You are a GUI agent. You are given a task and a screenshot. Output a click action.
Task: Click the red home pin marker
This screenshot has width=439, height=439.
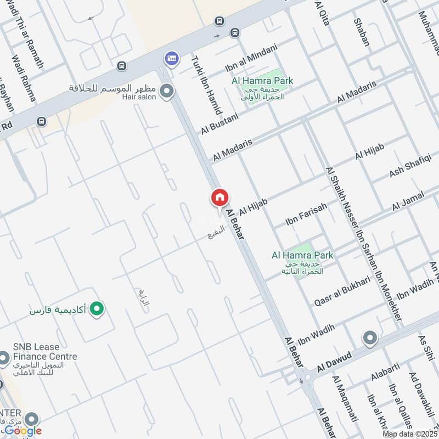(219, 198)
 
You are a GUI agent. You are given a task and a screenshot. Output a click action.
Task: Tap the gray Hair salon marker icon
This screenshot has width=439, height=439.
(167, 92)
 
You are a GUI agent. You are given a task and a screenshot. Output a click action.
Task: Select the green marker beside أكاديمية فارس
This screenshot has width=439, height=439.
(97, 310)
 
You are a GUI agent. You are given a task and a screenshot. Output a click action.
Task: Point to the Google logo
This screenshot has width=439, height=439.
(22, 430)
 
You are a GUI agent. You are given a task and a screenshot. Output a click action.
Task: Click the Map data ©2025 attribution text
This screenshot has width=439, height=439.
(409, 434)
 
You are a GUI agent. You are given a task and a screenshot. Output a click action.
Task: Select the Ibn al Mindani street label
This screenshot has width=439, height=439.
(251, 59)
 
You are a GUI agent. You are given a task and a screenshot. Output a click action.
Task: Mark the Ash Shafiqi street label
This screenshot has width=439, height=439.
(410, 166)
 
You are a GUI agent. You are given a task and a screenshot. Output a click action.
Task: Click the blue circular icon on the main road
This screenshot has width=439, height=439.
(172, 58)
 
